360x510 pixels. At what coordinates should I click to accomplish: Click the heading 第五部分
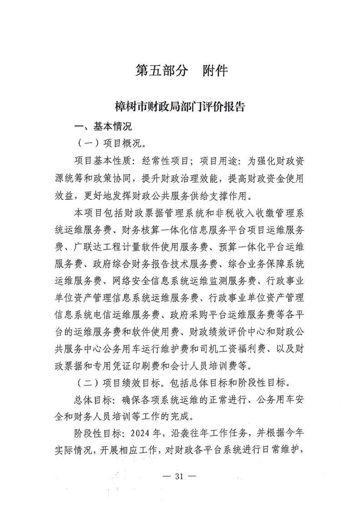click(x=161, y=71)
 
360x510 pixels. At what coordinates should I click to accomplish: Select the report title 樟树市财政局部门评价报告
click(x=180, y=107)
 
